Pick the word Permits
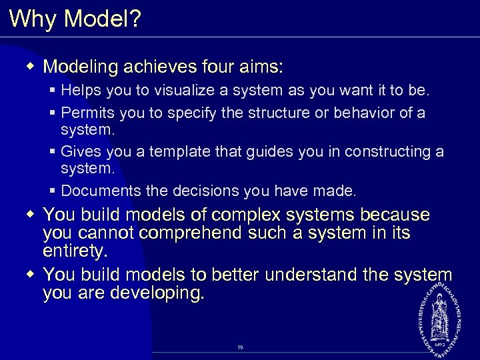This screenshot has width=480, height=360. click(x=85, y=113)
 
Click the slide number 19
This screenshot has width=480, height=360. click(x=240, y=347)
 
